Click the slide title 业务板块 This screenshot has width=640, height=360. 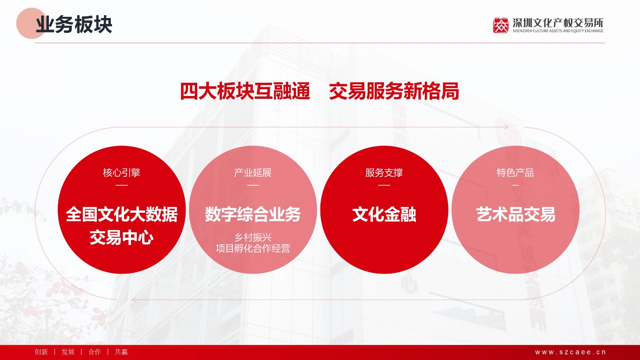click(74, 24)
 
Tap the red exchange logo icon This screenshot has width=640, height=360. click(500, 26)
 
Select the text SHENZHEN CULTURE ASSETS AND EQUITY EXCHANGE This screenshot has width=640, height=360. click(558, 31)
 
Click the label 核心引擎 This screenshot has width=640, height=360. click(122, 172)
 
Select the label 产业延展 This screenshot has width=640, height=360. click(253, 172)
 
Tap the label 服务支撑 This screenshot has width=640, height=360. click(384, 172)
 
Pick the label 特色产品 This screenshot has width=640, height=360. click(515, 172)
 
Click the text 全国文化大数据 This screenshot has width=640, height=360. click(122, 214)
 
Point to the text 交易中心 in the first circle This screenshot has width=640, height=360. click(122, 238)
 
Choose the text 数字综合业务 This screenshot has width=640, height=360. click(253, 214)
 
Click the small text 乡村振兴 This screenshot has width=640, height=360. click(253, 238)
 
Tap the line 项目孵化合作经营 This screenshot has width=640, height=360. click(253, 248)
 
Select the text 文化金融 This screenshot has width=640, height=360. click(384, 214)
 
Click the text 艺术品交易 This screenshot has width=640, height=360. click(516, 214)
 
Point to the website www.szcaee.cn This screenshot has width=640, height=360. click(570, 352)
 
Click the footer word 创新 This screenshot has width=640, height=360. click(41, 352)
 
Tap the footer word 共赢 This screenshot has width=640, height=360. click(121, 352)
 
